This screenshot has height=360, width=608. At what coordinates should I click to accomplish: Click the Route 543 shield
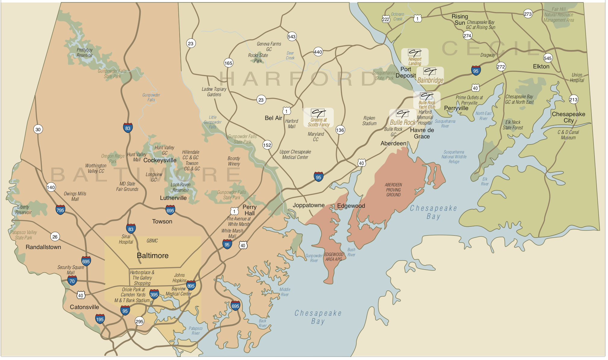click(x=292, y=37)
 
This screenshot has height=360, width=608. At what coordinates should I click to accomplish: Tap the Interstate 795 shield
click(x=60, y=210)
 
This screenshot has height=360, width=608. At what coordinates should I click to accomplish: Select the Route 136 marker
click(x=340, y=130)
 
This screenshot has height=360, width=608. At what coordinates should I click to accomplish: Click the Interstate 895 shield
click(x=191, y=285)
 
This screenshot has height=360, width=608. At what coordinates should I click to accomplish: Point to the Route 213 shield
click(x=573, y=99)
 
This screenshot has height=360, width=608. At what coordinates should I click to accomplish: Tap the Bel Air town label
click(x=273, y=118)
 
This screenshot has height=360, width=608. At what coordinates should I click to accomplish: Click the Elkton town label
click(x=541, y=67)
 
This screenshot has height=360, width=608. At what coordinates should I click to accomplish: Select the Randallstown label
click(x=43, y=247)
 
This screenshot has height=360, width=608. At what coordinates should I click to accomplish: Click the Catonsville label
click(x=84, y=307)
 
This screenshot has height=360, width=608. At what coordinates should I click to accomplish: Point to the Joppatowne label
click(x=309, y=205)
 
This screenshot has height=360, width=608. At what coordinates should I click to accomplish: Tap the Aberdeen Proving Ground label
click(x=393, y=190)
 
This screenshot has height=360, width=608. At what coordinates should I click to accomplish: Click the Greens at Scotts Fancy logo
click(x=318, y=118)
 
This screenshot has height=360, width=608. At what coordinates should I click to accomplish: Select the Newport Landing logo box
click(x=415, y=57)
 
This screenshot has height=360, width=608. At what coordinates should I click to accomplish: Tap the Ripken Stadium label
click(x=369, y=121)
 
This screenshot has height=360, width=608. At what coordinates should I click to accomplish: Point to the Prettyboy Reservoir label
click(x=85, y=53)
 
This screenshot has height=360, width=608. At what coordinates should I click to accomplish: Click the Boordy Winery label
click(x=234, y=161)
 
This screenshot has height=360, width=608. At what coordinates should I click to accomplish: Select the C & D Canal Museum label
click(x=568, y=135)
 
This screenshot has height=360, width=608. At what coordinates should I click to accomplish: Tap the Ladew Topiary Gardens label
click(x=214, y=92)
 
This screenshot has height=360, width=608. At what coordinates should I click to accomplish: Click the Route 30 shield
click(x=38, y=130)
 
